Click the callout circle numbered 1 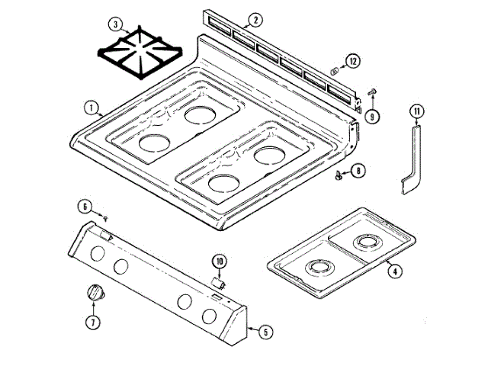click(90, 108)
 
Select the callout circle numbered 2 click(256, 19)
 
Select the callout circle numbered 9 click(371, 116)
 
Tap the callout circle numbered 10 click(220, 262)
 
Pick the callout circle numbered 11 click(416, 113)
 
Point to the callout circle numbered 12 click(352, 60)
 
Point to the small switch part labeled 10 click(217, 282)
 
